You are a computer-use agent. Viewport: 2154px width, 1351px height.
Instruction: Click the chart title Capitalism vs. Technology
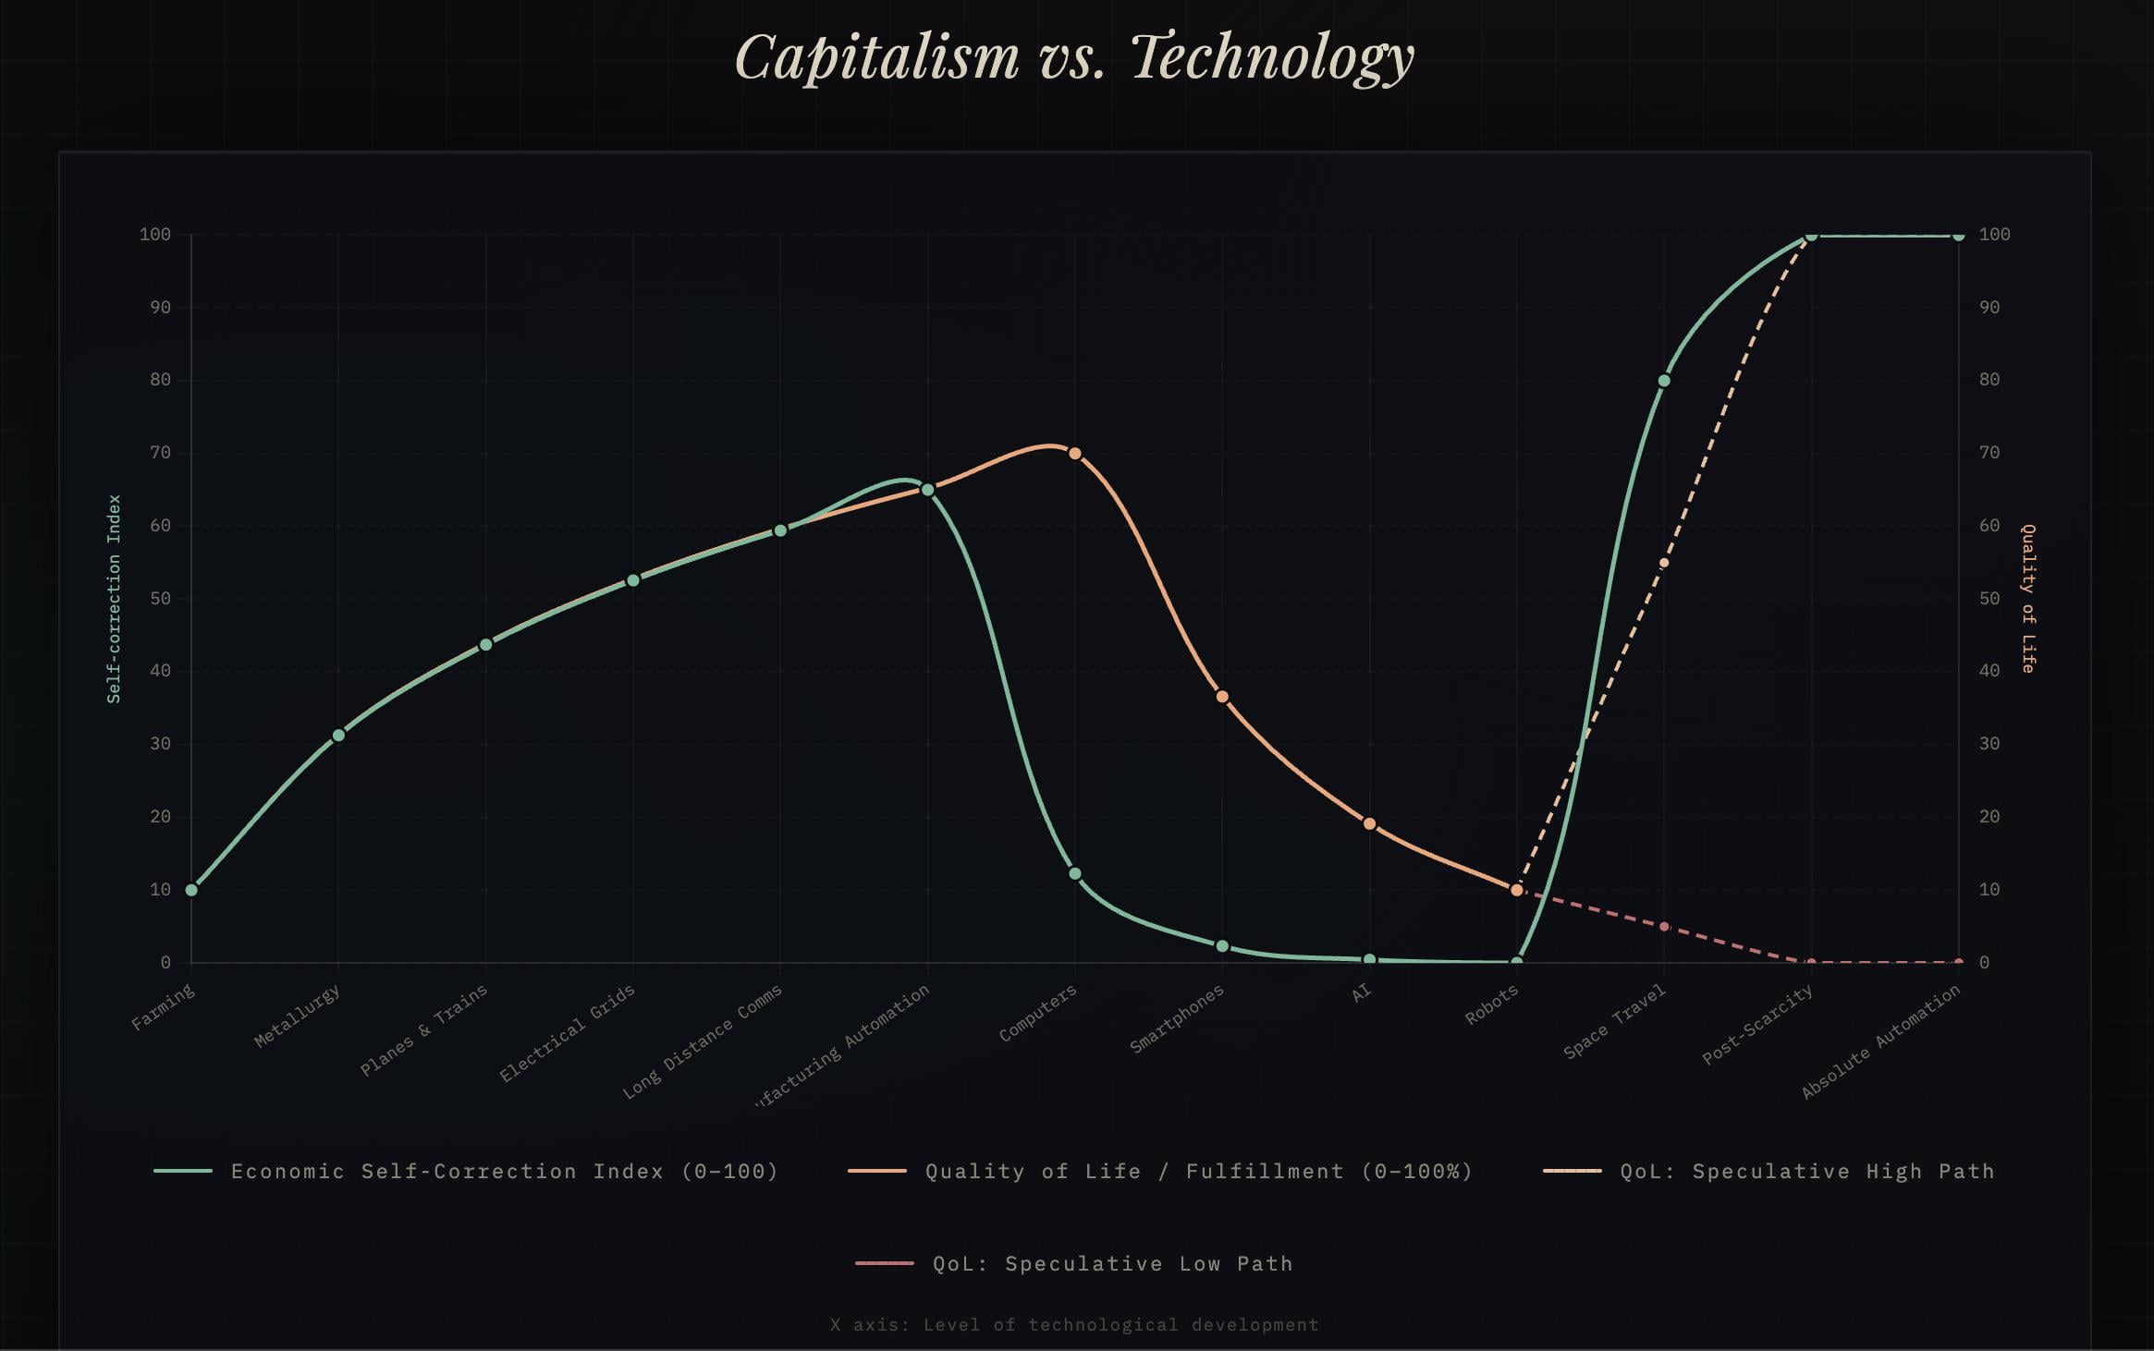(1074, 57)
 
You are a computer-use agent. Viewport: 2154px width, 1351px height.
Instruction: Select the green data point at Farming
(191, 890)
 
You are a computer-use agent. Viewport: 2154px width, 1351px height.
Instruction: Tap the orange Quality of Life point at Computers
(1074, 453)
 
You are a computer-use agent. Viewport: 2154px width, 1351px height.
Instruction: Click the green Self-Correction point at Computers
(1074, 873)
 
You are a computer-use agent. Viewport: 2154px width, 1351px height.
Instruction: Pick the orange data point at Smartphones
(1222, 697)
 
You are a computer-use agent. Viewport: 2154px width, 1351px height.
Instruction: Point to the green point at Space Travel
(1664, 381)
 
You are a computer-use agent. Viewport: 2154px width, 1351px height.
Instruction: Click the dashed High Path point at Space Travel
(1664, 563)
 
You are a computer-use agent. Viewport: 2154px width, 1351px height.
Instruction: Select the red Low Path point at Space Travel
(1664, 926)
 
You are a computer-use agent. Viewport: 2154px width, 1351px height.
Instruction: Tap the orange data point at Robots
(1516, 890)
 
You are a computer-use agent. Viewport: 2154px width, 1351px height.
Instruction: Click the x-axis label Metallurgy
(298, 1016)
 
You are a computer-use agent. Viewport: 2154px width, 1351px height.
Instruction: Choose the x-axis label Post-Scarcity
(1757, 1025)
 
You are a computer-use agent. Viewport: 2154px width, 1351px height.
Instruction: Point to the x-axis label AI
(1361, 993)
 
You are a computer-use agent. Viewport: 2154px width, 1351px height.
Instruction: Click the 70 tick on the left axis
(160, 453)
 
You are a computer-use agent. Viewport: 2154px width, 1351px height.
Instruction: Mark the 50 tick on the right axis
(1989, 599)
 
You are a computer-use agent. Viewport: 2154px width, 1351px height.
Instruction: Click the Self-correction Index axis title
(115, 599)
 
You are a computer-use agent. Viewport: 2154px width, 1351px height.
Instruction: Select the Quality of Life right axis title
(2027, 599)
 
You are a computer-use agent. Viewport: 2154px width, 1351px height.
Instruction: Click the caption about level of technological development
(1074, 1324)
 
